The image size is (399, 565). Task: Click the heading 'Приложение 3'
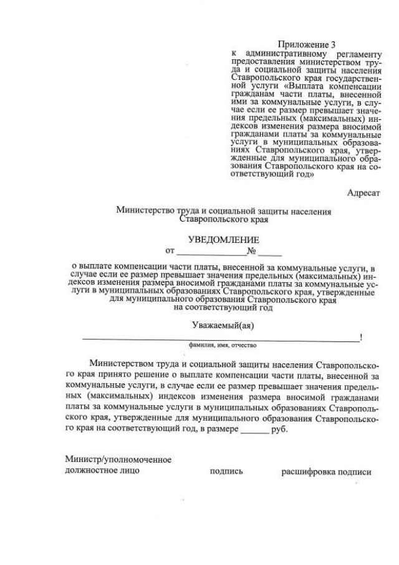coord(302,44)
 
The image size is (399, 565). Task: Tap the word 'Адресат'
coord(363,193)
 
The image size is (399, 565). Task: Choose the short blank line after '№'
coord(270,255)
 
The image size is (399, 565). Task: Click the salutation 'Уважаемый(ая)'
coord(224,325)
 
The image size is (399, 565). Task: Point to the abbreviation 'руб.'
coord(280,430)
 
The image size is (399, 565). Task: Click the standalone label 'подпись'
coord(226,471)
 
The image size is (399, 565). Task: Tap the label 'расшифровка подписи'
coord(326,472)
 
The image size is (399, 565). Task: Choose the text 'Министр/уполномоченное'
coord(118,459)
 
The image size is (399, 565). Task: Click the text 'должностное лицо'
coord(102,471)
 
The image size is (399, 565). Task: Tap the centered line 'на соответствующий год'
coord(223,308)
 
